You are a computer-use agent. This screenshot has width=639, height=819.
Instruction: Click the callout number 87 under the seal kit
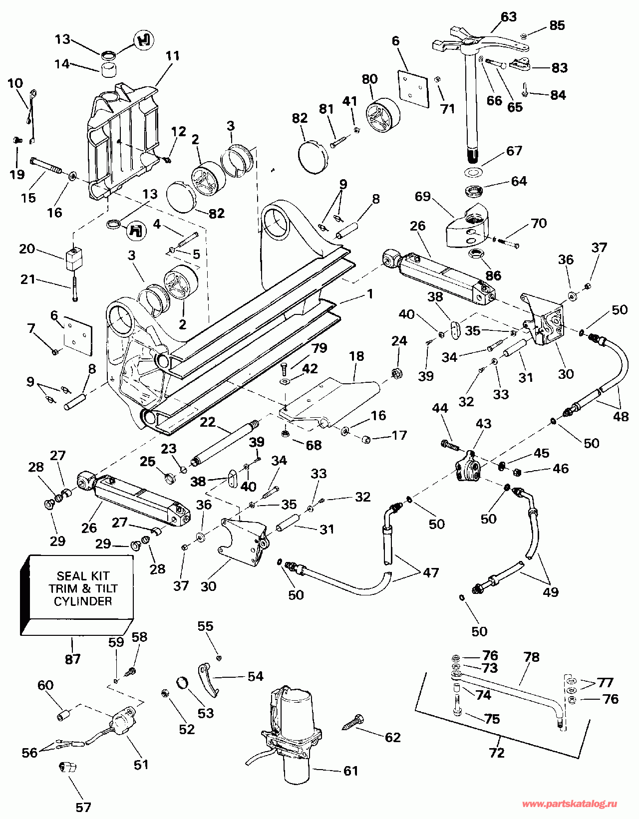click(x=73, y=659)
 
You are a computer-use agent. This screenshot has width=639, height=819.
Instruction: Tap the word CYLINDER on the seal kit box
click(x=83, y=601)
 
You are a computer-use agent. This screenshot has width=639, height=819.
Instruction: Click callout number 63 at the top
click(x=508, y=17)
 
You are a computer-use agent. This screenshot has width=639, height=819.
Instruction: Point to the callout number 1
click(x=370, y=294)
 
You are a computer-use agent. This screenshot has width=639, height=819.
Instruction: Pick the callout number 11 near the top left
click(x=173, y=55)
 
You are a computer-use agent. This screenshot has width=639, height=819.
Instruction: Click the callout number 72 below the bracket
click(x=497, y=752)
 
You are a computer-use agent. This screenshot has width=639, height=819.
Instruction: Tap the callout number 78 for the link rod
click(x=532, y=657)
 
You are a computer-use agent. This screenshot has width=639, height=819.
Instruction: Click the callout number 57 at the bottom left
click(x=83, y=807)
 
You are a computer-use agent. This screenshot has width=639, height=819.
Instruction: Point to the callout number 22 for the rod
click(x=208, y=422)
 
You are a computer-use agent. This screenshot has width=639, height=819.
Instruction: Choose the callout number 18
click(x=356, y=356)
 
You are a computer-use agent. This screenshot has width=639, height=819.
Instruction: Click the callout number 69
click(x=422, y=196)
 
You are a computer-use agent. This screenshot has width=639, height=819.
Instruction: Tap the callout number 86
click(x=493, y=275)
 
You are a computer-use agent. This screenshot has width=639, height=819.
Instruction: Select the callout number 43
click(x=483, y=423)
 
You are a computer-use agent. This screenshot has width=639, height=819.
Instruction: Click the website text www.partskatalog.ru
click(x=569, y=804)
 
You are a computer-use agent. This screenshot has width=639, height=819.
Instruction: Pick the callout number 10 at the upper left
click(x=15, y=83)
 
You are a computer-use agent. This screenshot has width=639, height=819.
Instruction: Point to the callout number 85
click(x=557, y=25)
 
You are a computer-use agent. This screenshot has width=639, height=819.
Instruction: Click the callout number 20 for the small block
click(x=27, y=248)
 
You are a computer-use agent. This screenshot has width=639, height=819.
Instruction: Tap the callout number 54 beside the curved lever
click(x=255, y=676)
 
